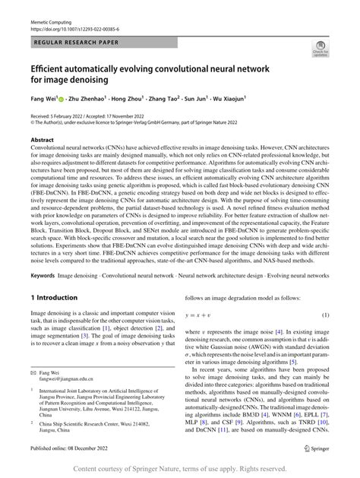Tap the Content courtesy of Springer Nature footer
point(180,468)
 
